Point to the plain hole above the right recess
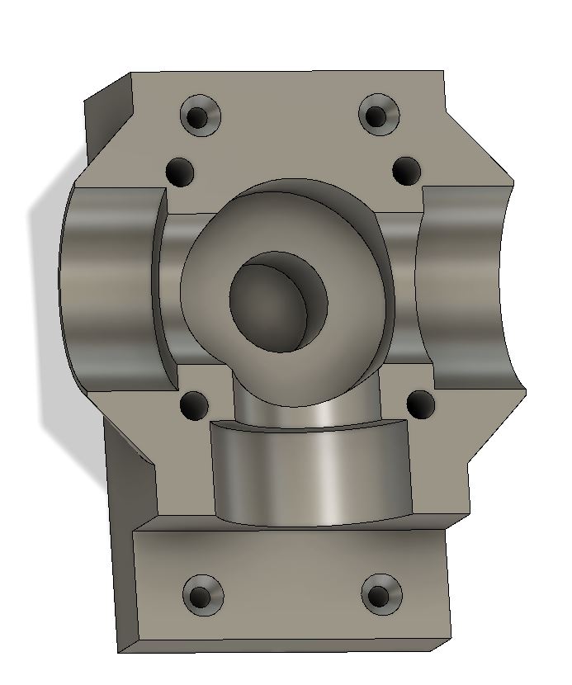pos(405,171)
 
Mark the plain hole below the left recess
pos(193,405)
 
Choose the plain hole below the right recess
pos(421,404)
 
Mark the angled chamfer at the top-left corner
pos(107,116)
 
